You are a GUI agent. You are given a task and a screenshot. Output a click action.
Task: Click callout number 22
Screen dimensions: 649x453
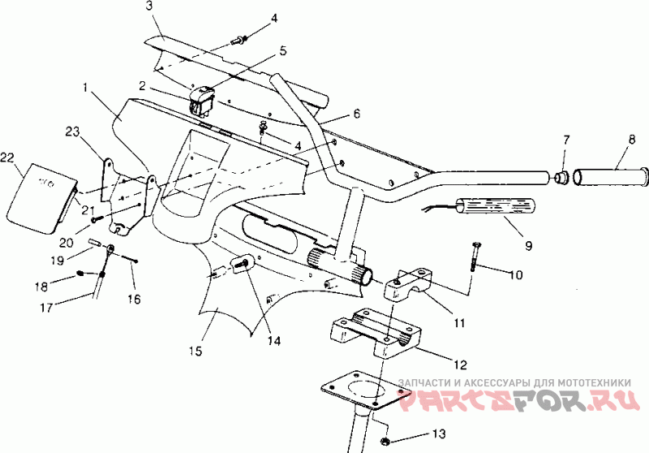click(8, 156)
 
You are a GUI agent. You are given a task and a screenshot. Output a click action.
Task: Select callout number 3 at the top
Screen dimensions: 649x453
click(149, 6)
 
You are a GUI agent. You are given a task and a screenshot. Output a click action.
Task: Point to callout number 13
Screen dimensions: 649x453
click(439, 433)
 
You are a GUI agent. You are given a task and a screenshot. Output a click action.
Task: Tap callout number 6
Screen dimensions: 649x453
click(356, 114)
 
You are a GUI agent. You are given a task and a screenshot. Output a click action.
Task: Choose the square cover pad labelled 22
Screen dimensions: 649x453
click(38, 192)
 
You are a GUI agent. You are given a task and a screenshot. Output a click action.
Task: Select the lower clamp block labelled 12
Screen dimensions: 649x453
click(377, 334)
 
